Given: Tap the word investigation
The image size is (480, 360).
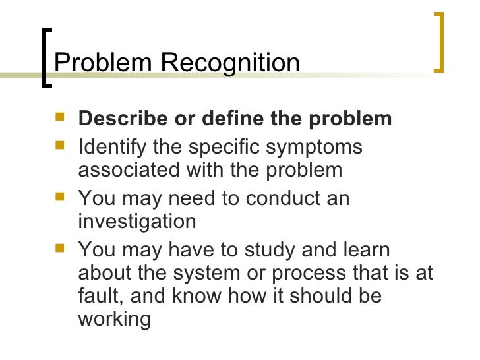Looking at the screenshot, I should click(137, 222).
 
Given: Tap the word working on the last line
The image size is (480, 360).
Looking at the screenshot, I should click(115, 320).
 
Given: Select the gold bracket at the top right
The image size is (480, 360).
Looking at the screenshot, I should click(439, 41).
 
